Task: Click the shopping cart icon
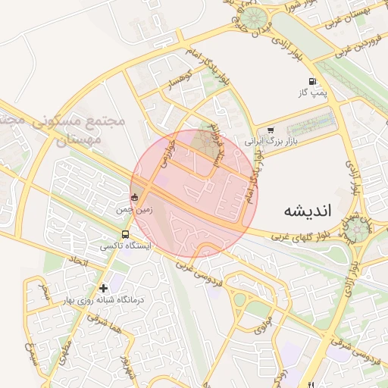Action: pos(271,130)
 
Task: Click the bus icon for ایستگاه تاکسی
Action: pos(124,234)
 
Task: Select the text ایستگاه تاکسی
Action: pos(126,246)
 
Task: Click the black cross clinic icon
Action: pos(104,288)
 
